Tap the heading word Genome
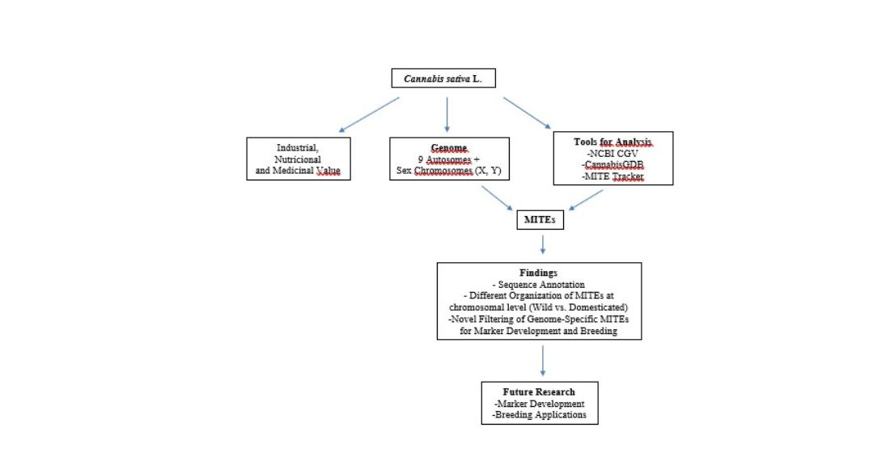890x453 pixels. tap(449, 148)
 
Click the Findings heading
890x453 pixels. tap(538, 273)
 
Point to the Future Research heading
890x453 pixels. tap(539, 392)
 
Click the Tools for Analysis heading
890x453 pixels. tap(612, 142)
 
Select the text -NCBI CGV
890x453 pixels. tap(612, 153)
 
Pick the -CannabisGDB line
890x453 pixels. tap(612, 165)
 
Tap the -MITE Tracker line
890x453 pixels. tap(612, 176)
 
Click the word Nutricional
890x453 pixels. tap(298, 159)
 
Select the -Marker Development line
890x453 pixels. tap(539, 404)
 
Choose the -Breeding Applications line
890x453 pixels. tap(539, 415)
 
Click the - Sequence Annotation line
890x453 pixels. tap(538, 285)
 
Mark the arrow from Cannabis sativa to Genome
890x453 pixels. tap(447, 115)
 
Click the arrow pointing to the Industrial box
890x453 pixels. tap(369, 115)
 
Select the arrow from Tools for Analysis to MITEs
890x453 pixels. tap(586, 200)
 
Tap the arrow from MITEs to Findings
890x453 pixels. tap(543, 244)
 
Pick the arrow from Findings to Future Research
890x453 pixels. tap(543, 361)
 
